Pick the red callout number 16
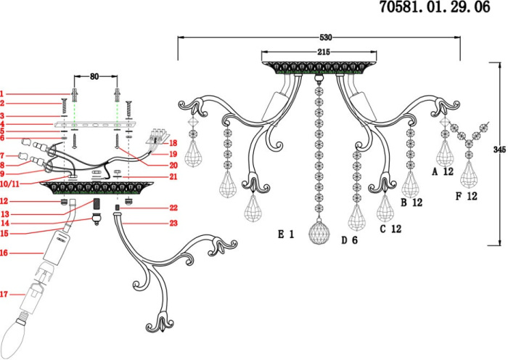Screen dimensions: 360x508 pos(4,253)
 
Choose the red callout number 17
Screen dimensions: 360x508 pos(4,295)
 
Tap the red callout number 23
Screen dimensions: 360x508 pos(173,224)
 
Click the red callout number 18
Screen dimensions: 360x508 pos(173,144)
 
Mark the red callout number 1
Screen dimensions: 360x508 pos(2,94)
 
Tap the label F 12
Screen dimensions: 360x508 pos(467,196)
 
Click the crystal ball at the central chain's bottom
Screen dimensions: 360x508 pos(318,233)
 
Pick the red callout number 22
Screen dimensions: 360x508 pos(173,208)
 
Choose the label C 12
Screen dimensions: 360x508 pos(390,229)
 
